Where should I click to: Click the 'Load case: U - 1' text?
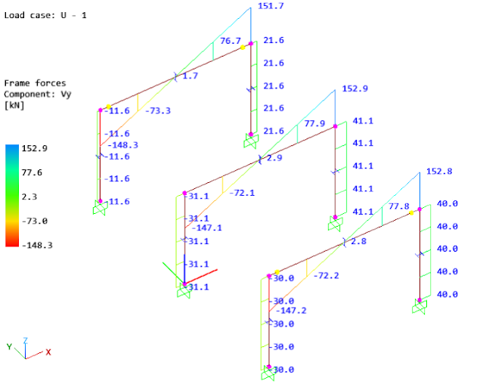pos(45,14)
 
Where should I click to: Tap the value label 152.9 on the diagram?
pos(355,88)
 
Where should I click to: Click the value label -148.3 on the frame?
pos(121,145)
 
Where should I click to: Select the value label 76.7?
pos(231,41)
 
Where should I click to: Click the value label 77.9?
pos(315,123)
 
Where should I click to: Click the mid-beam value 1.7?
pos(190,76)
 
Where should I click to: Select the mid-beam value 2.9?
pos(274,159)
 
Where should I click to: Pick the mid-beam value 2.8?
pos(359,241)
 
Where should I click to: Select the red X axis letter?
pos(48,352)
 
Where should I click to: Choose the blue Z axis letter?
pos(26,341)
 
